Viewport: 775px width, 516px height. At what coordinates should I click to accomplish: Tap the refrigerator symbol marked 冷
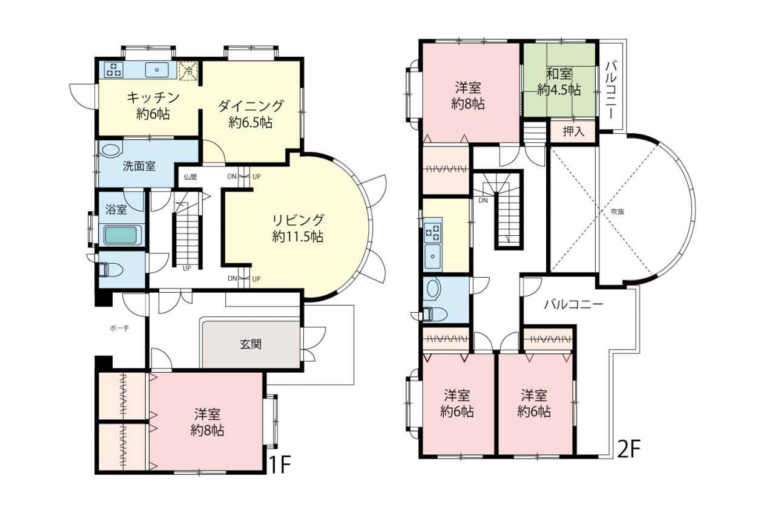point(188,71)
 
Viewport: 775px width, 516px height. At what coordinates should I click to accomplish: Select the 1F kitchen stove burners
point(114,69)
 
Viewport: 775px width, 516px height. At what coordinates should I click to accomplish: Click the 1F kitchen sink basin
point(157,70)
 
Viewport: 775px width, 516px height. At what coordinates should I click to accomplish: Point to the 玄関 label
point(251,344)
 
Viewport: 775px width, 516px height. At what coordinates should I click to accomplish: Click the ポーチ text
point(119,328)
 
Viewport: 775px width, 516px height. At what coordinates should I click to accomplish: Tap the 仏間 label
point(190,177)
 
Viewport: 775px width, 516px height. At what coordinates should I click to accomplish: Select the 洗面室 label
point(139,166)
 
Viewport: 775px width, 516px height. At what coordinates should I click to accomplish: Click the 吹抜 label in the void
point(618,212)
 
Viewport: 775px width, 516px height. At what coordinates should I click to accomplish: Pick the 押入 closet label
point(573,131)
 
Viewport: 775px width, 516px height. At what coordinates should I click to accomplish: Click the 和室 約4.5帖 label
point(559,82)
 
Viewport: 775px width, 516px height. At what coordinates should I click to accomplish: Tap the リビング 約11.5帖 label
point(298,228)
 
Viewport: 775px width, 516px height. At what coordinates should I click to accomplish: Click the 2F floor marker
point(629,448)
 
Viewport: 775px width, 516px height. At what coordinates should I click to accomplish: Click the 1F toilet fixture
point(110,269)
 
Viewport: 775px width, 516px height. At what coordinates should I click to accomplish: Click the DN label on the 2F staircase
point(483,200)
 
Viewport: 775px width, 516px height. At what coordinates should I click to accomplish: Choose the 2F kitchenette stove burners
point(433,232)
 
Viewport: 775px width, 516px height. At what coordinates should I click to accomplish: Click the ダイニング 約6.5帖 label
point(251,114)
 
